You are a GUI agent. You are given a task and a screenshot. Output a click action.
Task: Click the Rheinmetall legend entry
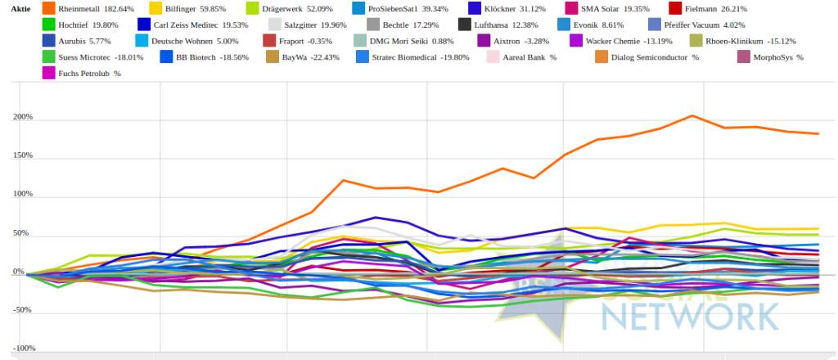[x=85, y=8]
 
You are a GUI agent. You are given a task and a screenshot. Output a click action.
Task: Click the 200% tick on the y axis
[x=22, y=117]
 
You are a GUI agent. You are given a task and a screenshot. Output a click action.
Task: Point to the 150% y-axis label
[x=22, y=155]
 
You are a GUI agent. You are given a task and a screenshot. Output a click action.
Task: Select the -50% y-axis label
[x=22, y=310]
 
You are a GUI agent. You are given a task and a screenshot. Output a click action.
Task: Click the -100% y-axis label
[x=20, y=349]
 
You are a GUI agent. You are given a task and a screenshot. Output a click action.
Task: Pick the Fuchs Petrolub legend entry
[x=89, y=74]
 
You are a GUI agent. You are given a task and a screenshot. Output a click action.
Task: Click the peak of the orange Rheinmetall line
[x=692, y=115]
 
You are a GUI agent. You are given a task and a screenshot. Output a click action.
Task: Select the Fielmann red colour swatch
[x=674, y=8]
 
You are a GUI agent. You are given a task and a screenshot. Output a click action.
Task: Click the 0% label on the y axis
[x=18, y=272]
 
